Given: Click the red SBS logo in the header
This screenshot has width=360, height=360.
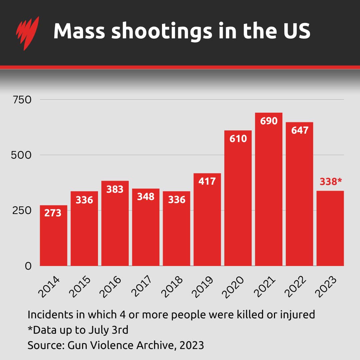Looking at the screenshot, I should click(x=27, y=32).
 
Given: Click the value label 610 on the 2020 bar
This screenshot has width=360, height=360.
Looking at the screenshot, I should click(x=238, y=138).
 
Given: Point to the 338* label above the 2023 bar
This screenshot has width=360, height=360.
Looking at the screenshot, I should click(x=330, y=182).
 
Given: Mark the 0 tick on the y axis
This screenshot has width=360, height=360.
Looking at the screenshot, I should click(x=28, y=266).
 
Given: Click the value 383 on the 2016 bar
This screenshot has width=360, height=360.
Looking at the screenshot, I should click(x=115, y=189).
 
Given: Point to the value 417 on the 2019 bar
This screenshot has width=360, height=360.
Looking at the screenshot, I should click(x=207, y=182).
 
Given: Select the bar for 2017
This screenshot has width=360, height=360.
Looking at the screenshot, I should click(x=146, y=230).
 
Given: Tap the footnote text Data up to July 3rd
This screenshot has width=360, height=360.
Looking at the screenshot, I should click(x=80, y=330).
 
